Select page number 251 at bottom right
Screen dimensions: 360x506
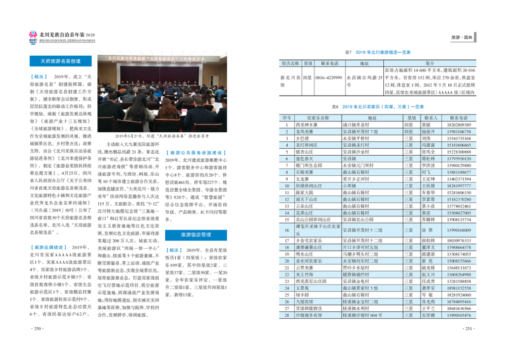pyautogui.click(x=468, y=345)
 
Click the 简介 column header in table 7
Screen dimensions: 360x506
pyautogui.click(x=429, y=64)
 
